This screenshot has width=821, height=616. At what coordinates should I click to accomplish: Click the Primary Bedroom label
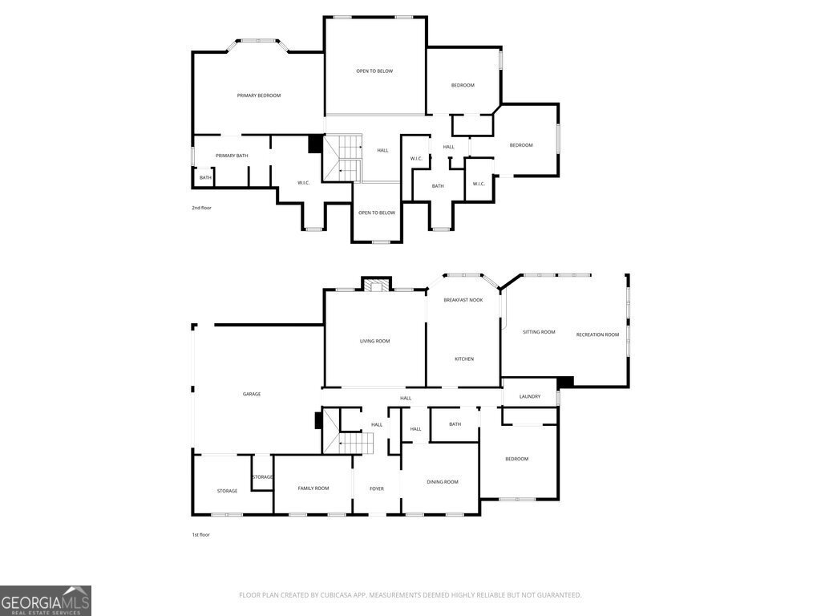click(259, 95)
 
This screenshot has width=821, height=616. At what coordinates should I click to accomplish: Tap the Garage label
click(251, 394)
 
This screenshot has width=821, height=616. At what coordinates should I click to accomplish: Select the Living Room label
click(374, 341)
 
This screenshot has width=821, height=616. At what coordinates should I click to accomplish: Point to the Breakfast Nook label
click(463, 300)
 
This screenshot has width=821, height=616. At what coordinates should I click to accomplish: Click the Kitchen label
click(464, 359)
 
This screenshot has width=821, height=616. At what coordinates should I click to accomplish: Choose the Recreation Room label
click(597, 334)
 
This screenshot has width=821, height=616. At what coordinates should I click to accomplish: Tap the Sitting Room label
click(539, 332)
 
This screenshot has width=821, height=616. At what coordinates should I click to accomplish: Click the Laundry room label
click(530, 396)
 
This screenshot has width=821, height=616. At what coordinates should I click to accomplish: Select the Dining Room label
click(443, 482)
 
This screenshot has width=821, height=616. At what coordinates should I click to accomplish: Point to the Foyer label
click(377, 488)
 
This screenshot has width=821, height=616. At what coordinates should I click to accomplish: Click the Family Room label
click(313, 488)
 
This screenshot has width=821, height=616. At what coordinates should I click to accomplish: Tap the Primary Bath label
click(232, 156)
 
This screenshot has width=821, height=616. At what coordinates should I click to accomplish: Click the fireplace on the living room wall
click(376, 285)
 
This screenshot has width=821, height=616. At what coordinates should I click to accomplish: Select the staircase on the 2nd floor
click(342, 158)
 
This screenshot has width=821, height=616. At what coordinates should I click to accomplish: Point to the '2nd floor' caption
click(201, 208)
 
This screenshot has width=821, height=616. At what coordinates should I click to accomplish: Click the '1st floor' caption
click(200, 535)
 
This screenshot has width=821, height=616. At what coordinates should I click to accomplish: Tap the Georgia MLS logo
click(46, 601)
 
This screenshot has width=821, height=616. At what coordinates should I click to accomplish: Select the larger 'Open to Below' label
click(374, 71)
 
